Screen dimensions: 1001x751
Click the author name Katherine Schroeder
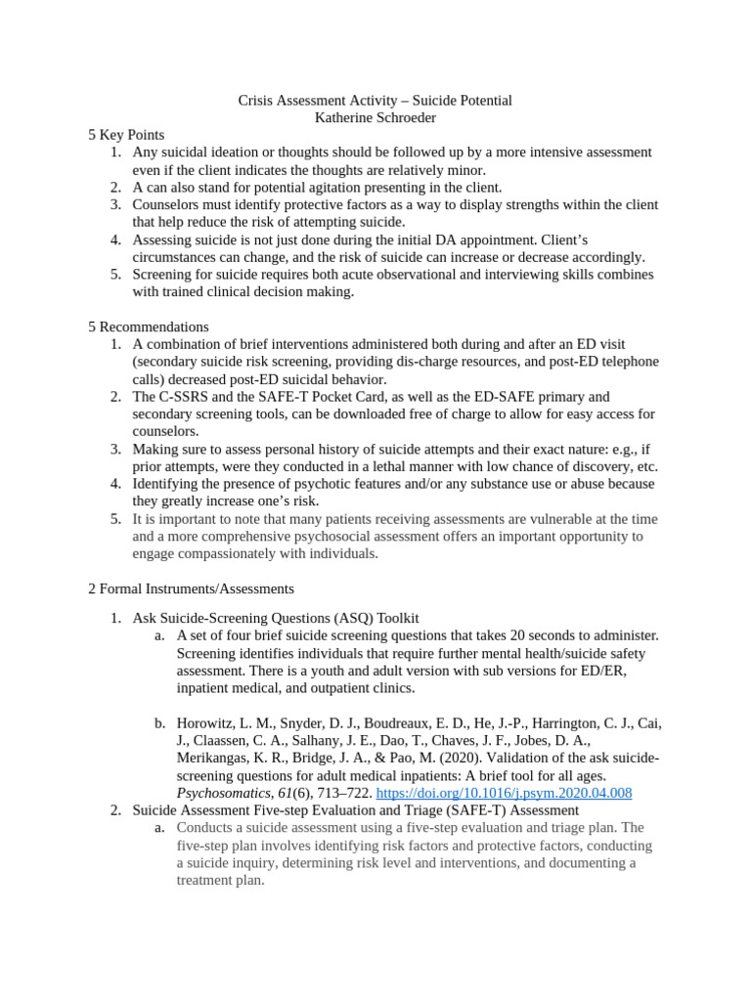point(375,117)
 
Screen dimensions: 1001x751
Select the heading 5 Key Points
point(126,135)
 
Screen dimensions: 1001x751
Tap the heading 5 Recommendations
point(148,326)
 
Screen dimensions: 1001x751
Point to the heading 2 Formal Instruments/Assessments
point(191,588)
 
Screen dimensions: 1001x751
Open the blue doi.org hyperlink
point(504,793)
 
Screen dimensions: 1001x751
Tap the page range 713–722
point(335,793)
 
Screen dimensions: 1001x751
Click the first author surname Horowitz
point(209,723)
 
